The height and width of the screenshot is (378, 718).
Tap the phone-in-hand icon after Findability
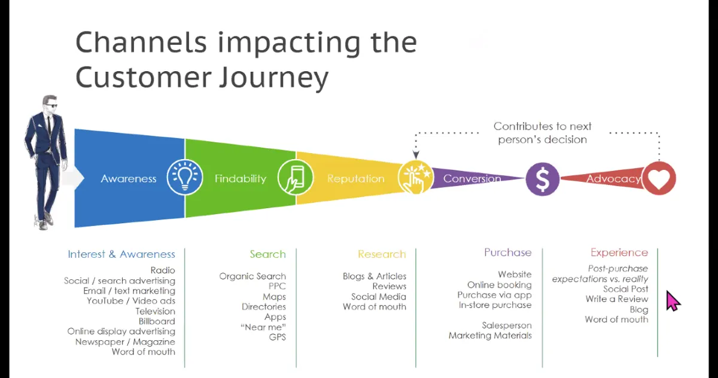[295, 178]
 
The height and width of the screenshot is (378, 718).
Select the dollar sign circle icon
[543, 179]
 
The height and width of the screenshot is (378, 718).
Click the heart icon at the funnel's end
[659, 178]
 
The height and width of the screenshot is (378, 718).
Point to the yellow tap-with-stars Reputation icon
[415, 178]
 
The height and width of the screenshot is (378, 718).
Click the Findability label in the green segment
[240, 178]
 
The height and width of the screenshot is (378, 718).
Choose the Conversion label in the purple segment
[472, 178]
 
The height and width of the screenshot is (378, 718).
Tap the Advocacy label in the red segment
[613, 178]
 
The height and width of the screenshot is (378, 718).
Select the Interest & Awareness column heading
[121, 254]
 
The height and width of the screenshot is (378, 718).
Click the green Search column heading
[267, 254]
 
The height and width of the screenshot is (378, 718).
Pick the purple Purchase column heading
[507, 252]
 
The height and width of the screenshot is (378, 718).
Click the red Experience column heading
[619, 252]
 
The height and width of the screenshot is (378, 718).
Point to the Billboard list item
[157, 321]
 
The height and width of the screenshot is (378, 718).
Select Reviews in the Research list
[389, 286]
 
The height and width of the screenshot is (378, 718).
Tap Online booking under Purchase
[499, 285]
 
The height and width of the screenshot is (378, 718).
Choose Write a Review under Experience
[616, 299]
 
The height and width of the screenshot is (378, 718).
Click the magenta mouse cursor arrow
[673, 300]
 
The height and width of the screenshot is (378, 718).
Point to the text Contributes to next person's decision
[542, 133]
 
